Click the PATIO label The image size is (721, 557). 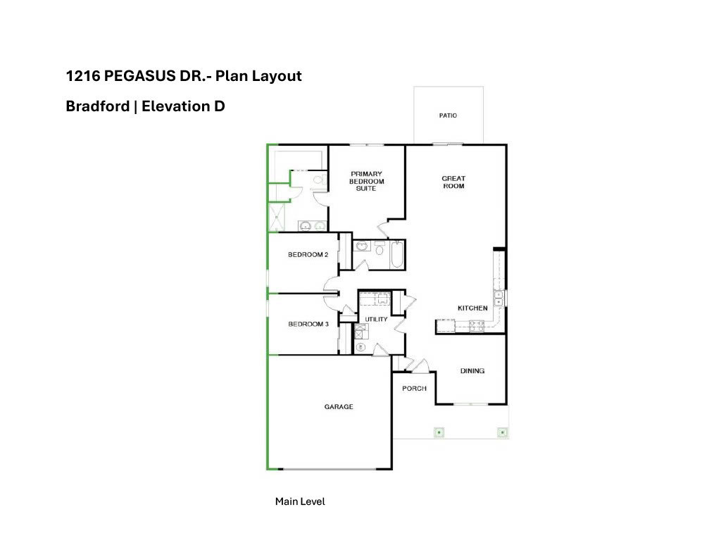point(448,115)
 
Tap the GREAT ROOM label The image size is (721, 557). point(453,182)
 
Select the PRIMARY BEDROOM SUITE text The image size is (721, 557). point(366,181)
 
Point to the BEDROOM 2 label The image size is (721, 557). point(308,255)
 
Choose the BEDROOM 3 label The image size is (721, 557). point(308,325)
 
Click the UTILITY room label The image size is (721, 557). point(376,320)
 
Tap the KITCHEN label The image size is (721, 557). point(472,308)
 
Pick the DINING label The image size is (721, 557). point(472,371)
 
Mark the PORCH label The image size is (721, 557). point(414,389)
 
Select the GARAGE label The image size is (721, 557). point(339,407)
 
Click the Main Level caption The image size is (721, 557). point(300,502)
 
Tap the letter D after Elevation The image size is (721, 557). point(219,106)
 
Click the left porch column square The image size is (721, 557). point(439,432)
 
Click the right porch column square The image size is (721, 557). point(502,432)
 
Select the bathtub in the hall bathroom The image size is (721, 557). point(396,255)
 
